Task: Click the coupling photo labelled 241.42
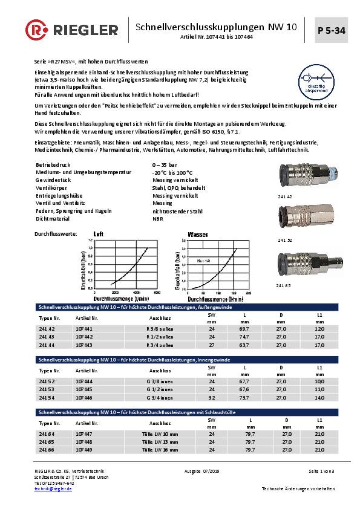295,179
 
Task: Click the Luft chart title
99,233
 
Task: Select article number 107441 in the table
84,328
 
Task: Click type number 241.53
47,390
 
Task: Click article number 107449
84,450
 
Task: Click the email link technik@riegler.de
53,488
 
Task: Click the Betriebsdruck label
50,164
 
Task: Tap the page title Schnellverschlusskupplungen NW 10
215,27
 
